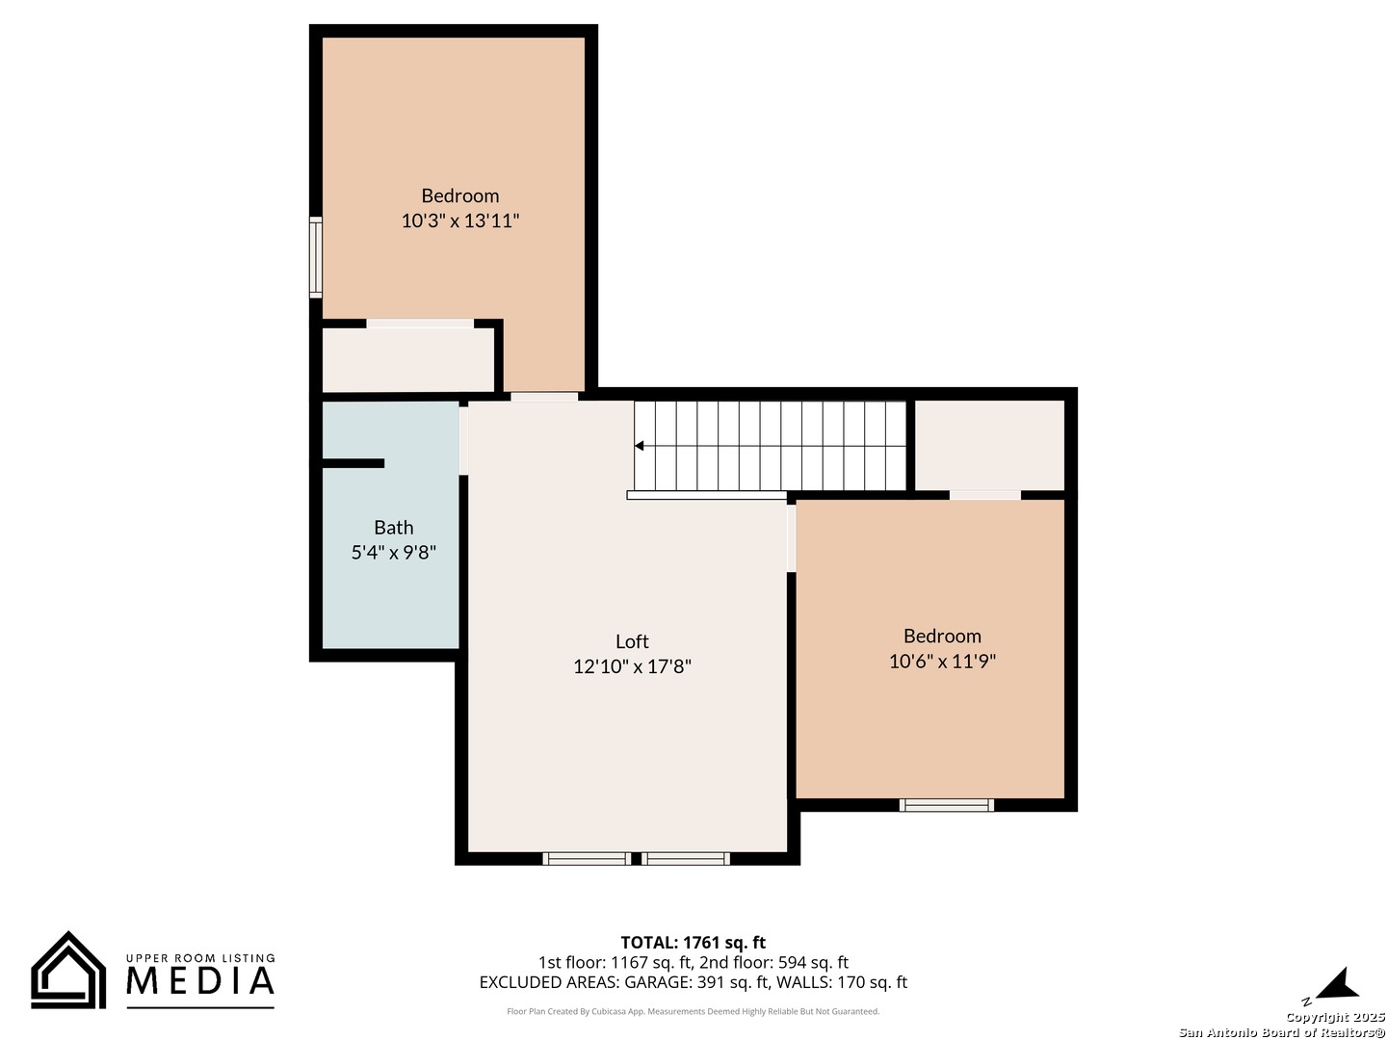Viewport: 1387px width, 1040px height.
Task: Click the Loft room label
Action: [632, 641]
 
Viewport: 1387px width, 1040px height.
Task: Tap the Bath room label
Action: [393, 528]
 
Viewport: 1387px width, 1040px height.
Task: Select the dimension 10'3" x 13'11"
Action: [460, 221]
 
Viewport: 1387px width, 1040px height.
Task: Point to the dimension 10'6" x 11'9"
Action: [942, 661]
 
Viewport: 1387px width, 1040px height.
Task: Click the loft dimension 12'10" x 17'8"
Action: [632, 666]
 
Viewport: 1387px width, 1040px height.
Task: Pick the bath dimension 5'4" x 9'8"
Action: [393, 553]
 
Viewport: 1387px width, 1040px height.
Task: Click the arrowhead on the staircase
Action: [640, 446]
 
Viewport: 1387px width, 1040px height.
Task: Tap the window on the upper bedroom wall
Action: [315, 256]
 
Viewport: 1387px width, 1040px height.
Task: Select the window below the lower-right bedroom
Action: [946, 805]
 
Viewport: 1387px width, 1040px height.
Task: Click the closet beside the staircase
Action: [988, 445]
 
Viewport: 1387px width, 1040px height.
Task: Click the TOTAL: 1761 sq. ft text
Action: [693, 943]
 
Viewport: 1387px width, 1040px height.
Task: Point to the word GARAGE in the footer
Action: [658, 983]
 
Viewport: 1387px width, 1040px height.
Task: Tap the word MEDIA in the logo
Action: [200, 981]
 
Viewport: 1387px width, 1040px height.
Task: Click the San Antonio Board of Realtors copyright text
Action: [1282, 1032]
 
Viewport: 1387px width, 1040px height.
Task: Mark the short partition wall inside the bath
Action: [353, 463]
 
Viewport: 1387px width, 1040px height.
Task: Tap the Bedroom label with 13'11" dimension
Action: [460, 196]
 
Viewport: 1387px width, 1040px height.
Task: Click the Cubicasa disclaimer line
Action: [693, 1012]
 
